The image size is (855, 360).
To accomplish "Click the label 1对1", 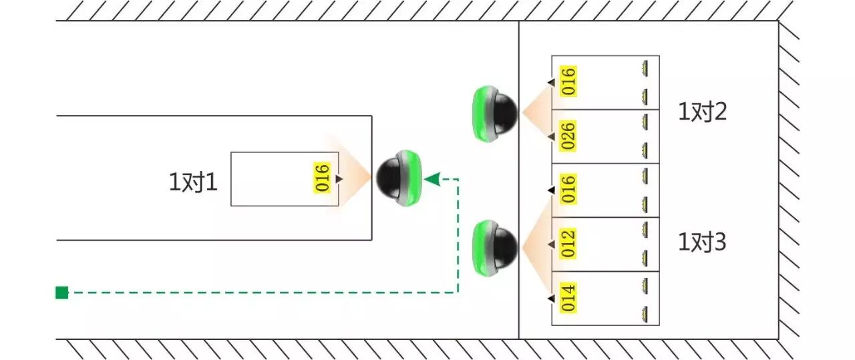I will pyautogui.click(x=193, y=182).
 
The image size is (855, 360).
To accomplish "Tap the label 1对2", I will pyautogui.click(x=702, y=112).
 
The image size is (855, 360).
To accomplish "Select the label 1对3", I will pyautogui.click(x=702, y=242).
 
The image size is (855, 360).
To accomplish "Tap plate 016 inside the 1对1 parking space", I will pyautogui.click(x=323, y=178).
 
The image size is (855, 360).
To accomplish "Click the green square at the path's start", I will pyautogui.click(x=61, y=292).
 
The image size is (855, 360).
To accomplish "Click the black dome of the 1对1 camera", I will pyautogui.click(x=391, y=178).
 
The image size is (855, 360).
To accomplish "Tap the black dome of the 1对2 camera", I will pyautogui.click(x=502, y=112).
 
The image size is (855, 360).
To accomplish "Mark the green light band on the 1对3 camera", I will pyautogui.click(x=482, y=248).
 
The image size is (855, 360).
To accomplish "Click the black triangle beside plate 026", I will pyautogui.click(x=551, y=136).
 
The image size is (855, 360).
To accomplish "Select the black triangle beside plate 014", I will pyautogui.click(x=551, y=298).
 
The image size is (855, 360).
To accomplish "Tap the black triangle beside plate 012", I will pyautogui.click(x=551, y=244).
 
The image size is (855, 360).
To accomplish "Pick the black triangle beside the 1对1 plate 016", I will pyautogui.click(x=339, y=178).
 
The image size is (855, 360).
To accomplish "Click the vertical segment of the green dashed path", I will pyautogui.click(x=458, y=234).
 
